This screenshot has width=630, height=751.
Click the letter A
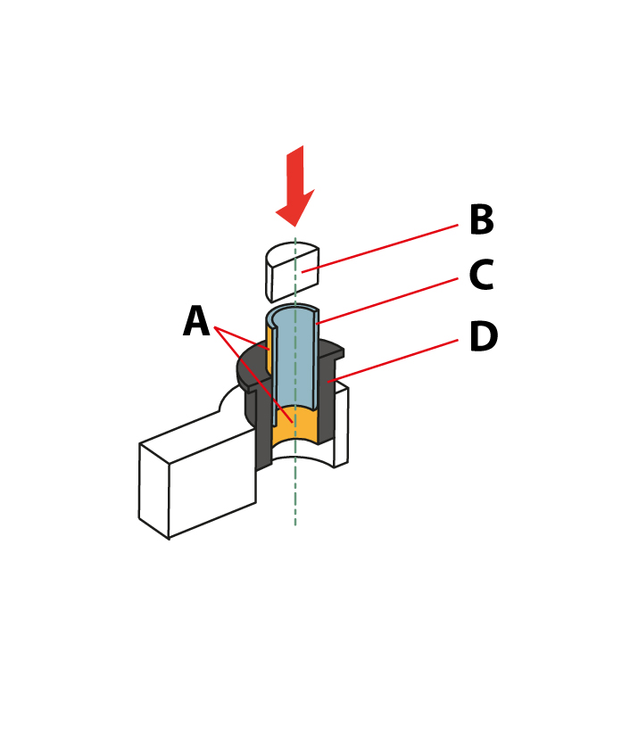coord(196,321)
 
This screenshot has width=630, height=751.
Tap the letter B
coord(482,219)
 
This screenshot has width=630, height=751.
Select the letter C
coord(481,275)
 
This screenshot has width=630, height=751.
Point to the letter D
coord(484,336)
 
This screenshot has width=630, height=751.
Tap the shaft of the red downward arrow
coord(295,172)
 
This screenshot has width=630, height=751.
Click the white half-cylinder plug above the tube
coord(292,272)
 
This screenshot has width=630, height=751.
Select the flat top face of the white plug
coord(291,253)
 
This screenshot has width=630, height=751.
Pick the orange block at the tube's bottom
coord(294,425)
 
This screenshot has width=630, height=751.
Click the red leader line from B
coord(379,249)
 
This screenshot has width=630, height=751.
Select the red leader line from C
coord(387,301)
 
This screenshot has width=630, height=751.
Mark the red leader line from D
coord(393,361)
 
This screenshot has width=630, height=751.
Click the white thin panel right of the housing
coord(341,427)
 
